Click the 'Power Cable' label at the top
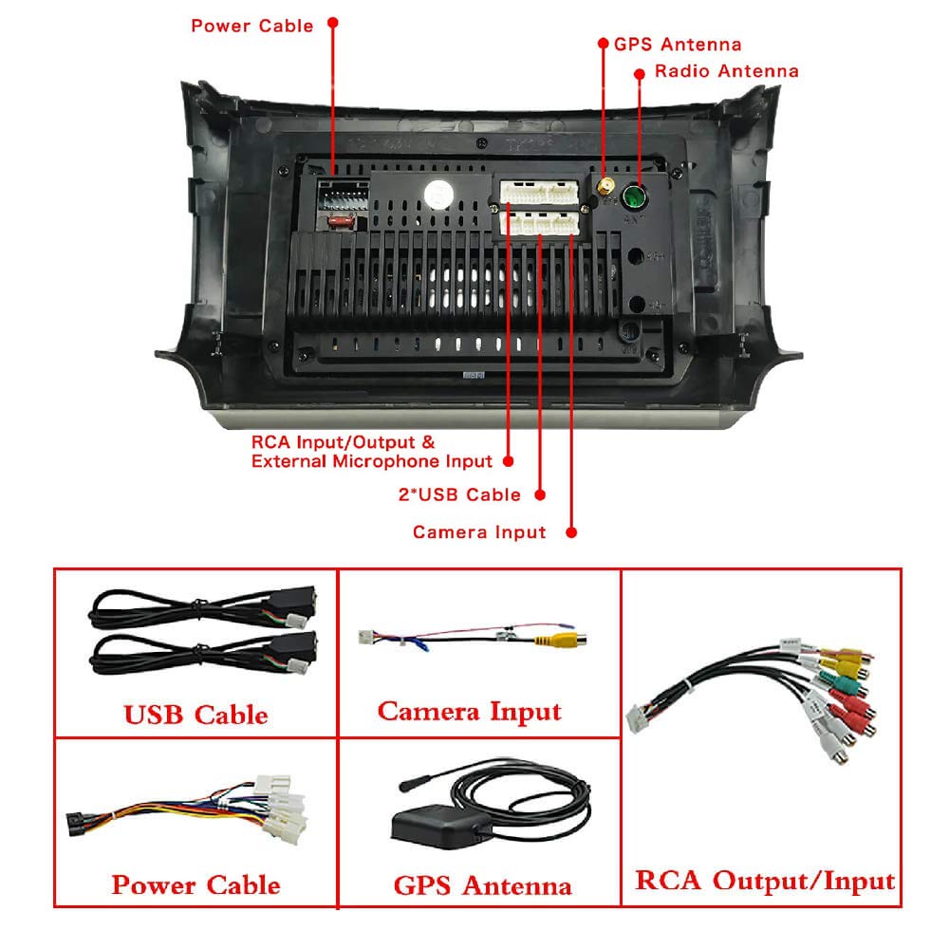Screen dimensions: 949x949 tap(251, 26)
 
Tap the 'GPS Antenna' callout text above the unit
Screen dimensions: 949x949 tap(677, 45)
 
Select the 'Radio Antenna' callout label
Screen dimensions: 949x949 tap(726, 71)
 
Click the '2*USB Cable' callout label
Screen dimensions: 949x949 tap(459, 494)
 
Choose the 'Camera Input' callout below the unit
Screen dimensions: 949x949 tap(479, 532)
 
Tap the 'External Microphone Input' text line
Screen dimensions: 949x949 tap(372, 462)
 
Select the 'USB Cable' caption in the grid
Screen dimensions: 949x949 tap(195, 715)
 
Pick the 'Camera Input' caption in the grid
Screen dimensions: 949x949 tap(469, 712)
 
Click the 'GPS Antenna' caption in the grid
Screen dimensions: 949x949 tap(482, 886)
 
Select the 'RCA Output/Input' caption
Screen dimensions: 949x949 tap(764, 882)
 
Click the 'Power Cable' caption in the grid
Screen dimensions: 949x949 tap(195, 885)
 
